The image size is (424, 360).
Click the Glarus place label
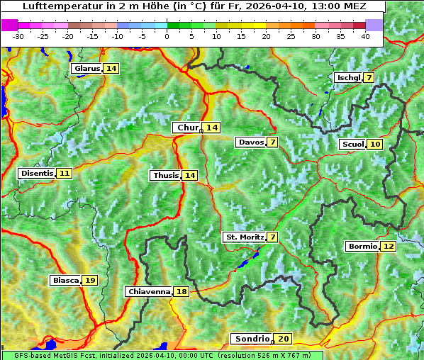click(87, 69)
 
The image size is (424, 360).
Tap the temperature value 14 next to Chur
click(212, 128)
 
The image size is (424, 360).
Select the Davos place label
click(251, 142)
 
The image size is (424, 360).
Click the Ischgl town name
click(347, 77)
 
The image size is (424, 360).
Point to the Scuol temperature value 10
click(375, 145)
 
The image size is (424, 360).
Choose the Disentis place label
click(36, 173)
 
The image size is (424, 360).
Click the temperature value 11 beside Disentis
click(65, 173)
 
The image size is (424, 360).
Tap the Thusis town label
click(165, 176)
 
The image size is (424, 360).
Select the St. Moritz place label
click(244, 237)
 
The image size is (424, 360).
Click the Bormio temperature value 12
click(388, 247)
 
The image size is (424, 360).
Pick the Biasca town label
click(65, 281)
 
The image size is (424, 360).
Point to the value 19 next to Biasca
click(90, 281)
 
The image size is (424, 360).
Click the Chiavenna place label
click(149, 291)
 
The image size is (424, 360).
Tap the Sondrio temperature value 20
click(284, 339)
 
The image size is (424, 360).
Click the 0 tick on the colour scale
click(167, 36)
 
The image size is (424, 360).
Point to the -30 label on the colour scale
click(18, 36)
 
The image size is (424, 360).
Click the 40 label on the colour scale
click(365, 36)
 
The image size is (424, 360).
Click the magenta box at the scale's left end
click(10, 25)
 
